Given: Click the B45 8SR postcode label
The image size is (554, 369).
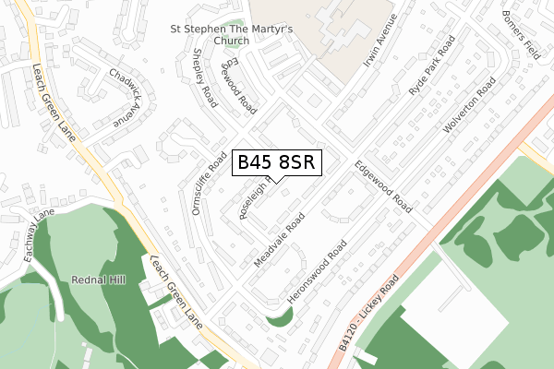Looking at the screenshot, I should pos(277,162).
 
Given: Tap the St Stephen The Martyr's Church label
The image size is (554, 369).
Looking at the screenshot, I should pos(232,35).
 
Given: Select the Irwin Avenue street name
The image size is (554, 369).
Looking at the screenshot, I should pos(380,41).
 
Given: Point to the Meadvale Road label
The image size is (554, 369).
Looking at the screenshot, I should pos(278,244).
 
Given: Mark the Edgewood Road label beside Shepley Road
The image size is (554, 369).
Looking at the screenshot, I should pos(237,84).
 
